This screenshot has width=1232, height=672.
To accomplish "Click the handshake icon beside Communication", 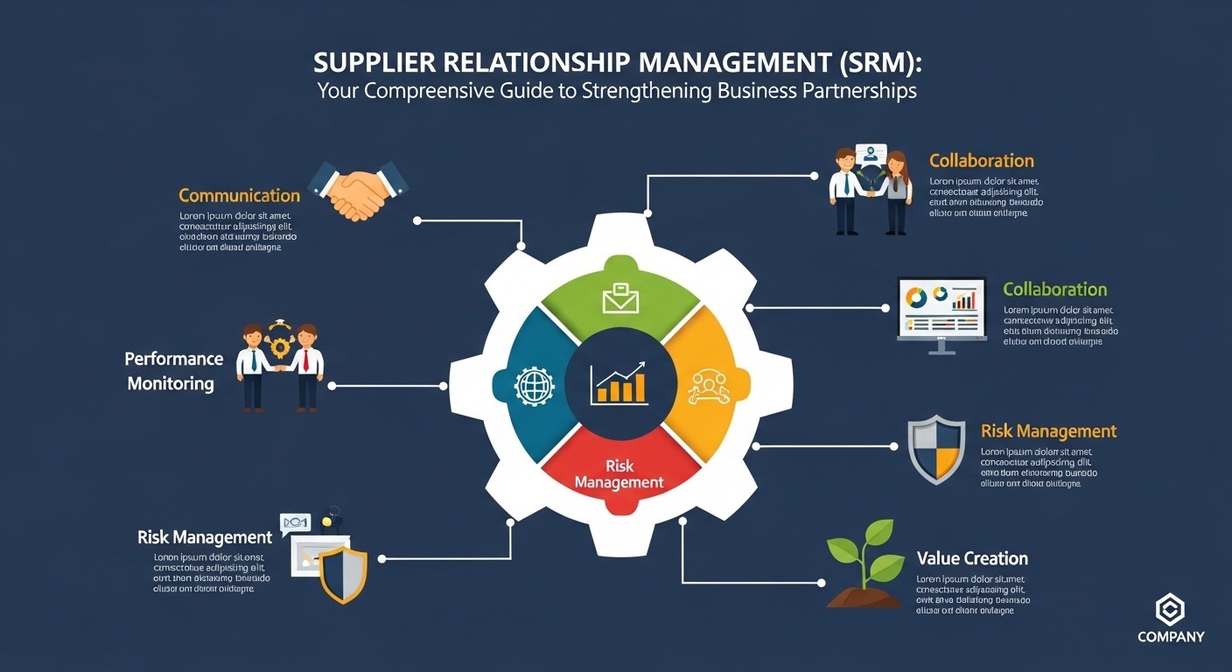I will tap(359, 190).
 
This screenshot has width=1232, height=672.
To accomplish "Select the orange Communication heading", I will tap(239, 195).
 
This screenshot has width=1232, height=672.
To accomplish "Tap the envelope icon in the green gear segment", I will tap(620, 298).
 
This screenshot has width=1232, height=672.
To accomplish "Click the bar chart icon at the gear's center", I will tap(619, 383).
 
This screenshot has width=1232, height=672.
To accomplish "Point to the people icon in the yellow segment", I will tap(708, 385).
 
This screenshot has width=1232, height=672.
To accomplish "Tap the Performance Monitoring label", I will tap(173, 371).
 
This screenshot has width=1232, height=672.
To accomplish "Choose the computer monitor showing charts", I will tap(941, 311).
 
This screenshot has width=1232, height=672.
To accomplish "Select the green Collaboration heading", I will tap(1054, 290).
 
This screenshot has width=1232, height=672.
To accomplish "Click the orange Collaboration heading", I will tap(981, 161).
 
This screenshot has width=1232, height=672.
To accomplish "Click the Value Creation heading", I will tap(972, 558).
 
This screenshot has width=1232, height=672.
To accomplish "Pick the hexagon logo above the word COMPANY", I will tap(1170, 608).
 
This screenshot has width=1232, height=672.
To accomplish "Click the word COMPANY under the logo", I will tap(1171, 637).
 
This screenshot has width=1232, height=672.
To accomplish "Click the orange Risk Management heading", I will tap(1048, 431).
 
